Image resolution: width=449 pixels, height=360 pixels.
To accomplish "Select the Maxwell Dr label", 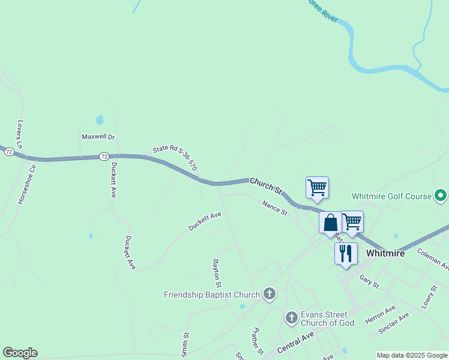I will (x=98, y=137).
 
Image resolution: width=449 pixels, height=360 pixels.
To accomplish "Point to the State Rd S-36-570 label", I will (x=175, y=158).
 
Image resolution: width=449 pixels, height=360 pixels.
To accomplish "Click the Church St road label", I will (x=266, y=185).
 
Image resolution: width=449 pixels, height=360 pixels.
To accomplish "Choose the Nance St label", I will (x=275, y=208).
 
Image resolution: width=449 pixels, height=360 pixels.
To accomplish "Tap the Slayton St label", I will (x=217, y=272).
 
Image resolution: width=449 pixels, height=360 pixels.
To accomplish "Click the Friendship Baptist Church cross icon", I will (x=270, y=294).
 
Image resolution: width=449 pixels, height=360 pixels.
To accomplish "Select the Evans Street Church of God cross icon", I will (x=291, y=317).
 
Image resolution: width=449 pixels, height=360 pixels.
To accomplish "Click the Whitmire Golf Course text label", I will (x=391, y=196).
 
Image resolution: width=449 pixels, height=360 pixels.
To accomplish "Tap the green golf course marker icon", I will (x=441, y=196).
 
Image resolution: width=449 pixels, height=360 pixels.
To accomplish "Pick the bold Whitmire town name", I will (x=385, y=253).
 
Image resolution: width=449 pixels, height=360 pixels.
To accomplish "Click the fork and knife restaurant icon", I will (x=346, y=253).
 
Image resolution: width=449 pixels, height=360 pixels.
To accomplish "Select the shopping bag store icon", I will (x=330, y=223).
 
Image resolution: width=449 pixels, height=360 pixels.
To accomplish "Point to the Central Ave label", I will (x=296, y=343).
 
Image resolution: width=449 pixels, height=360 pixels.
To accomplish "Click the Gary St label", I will (x=369, y=281).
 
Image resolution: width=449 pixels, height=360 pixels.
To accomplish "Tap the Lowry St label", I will (x=429, y=296).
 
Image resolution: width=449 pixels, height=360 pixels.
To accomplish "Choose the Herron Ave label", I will (x=380, y=316).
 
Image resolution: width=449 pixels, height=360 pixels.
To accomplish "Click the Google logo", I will (x=20, y=353).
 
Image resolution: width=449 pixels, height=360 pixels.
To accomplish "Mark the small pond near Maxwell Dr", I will (x=100, y=120).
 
